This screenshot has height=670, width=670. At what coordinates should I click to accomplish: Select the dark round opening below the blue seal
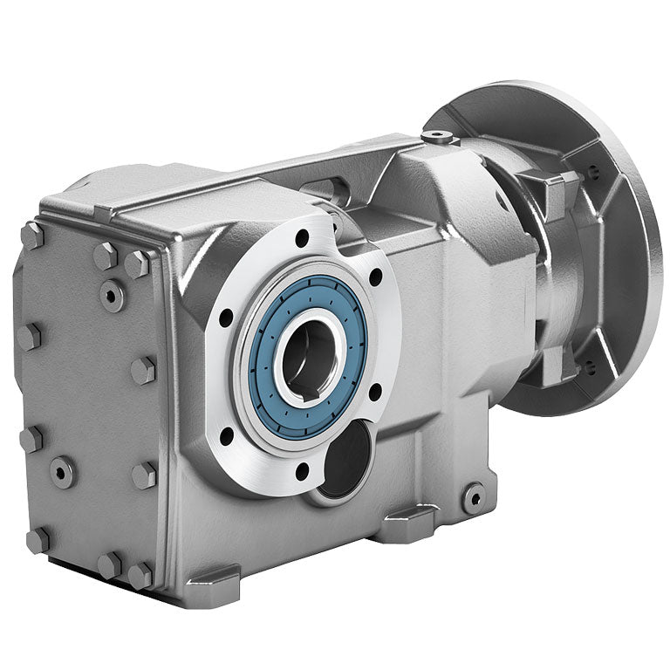click(345, 460)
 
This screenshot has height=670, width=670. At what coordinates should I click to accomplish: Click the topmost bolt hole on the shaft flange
click(302, 237)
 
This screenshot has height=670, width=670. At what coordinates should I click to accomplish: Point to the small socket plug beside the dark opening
click(474, 496)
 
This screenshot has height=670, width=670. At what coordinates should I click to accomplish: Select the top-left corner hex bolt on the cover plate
click(32, 234)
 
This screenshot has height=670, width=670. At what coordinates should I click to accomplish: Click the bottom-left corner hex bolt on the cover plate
click(37, 539)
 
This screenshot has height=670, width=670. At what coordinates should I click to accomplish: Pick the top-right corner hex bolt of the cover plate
click(138, 263)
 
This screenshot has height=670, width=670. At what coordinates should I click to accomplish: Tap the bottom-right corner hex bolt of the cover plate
click(140, 573)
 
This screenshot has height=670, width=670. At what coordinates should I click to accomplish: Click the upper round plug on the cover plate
click(111, 295)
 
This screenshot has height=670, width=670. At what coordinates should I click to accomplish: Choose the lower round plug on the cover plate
click(63, 471)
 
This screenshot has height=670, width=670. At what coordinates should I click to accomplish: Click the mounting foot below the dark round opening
click(403, 526)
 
